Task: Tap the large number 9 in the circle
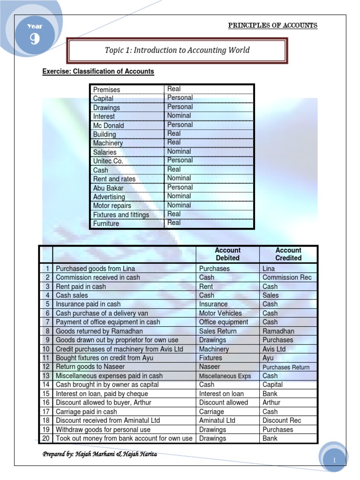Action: (x=35, y=40)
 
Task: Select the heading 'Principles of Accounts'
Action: (x=272, y=25)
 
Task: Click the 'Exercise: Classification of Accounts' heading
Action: (x=98, y=71)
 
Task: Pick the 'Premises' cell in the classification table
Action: (x=106, y=90)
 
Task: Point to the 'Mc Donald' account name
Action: (x=108, y=125)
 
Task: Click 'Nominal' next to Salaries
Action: (x=179, y=151)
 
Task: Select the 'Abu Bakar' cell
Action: (x=109, y=188)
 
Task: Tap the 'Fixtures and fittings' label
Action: (x=121, y=215)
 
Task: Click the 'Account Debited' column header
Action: (x=227, y=254)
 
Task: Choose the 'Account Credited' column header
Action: (x=288, y=254)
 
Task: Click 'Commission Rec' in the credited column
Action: (x=287, y=277)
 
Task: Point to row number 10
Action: (x=46, y=349)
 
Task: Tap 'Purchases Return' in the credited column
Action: (x=286, y=367)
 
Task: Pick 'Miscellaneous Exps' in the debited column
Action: (x=225, y=376)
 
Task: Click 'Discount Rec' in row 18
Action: (x=282, y=420)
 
